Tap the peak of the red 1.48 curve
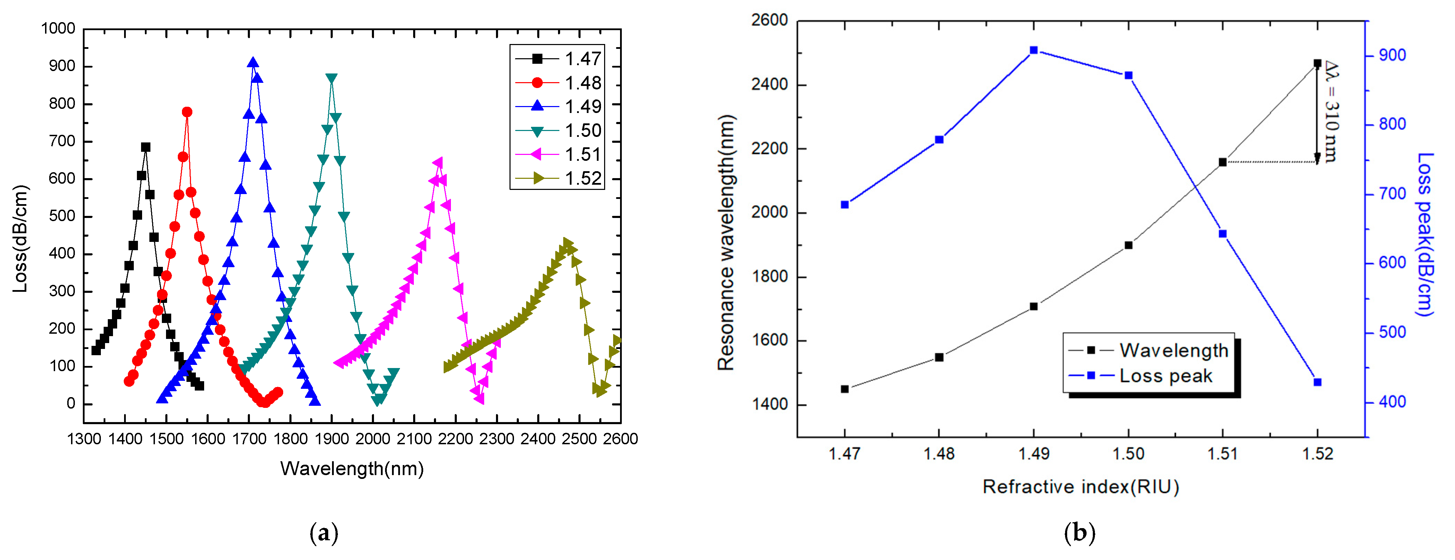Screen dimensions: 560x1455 [x=187, y=112]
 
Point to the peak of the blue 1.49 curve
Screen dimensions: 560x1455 [x=253, y=62]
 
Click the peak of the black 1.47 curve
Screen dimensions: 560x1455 [x=146, y=147]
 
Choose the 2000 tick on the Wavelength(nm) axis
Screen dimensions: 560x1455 [x=373, y=439]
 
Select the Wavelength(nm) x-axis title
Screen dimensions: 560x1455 [x=352, y=469]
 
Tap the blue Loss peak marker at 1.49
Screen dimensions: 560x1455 [x=1034, y=50]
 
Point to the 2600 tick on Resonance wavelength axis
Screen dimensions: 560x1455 [x=769, y=20]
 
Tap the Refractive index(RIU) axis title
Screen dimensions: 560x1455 [x=1081, y=487]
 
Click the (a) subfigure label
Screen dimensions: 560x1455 [x=324, y=533]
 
